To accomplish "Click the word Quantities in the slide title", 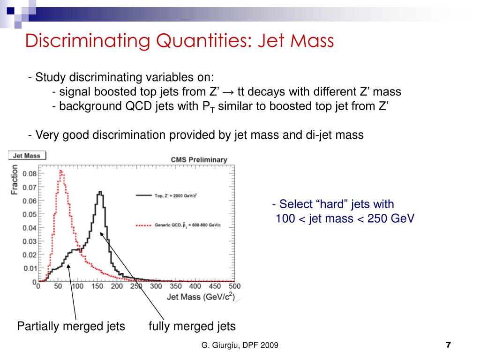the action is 203,41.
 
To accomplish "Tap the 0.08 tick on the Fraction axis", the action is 30,174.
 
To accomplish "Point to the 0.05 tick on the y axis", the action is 30,214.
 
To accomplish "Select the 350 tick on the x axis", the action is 176,286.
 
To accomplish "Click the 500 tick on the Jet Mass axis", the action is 234,286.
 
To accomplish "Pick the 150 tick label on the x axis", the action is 97,286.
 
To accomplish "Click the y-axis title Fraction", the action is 15,180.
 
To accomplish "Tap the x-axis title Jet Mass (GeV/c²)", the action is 201,297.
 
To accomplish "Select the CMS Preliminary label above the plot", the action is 199,160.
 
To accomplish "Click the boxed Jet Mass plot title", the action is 27,156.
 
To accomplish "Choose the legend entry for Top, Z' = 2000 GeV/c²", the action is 166,195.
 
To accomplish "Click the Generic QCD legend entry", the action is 178,225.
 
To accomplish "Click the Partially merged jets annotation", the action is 71,326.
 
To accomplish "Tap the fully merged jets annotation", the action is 192,326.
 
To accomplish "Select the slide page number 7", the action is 449,345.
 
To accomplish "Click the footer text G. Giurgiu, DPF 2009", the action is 240,345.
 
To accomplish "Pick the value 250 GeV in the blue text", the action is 391,218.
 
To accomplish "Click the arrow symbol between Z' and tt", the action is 228,92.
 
